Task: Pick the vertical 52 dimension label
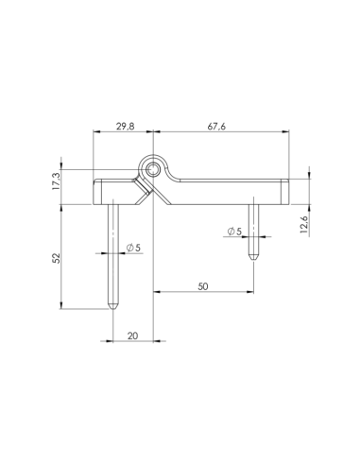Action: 58,256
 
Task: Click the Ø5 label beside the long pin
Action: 132,248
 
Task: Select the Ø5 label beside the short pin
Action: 234,232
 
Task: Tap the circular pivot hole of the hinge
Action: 152,170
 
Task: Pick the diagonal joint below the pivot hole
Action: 146,196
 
